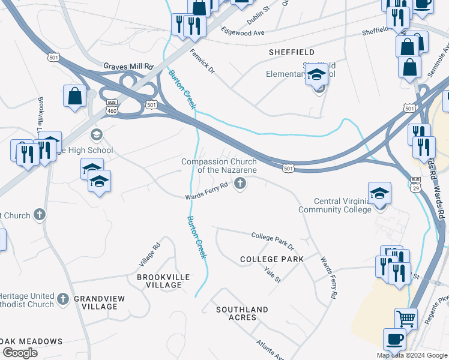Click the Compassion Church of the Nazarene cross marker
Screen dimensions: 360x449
click(x=240, y=183)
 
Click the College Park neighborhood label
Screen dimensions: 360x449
click(x=272, y=259)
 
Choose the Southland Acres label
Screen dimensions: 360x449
click(x=243, y=313)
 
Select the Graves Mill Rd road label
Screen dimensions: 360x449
click(x=128, y=66)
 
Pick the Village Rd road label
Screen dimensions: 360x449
click(x=150, y=254)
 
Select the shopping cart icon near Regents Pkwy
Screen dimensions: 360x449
click(x=406, y=319)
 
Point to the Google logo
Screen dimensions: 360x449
click(x=20, y=353)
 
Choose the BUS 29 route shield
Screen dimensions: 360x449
click(x=415, y=184)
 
